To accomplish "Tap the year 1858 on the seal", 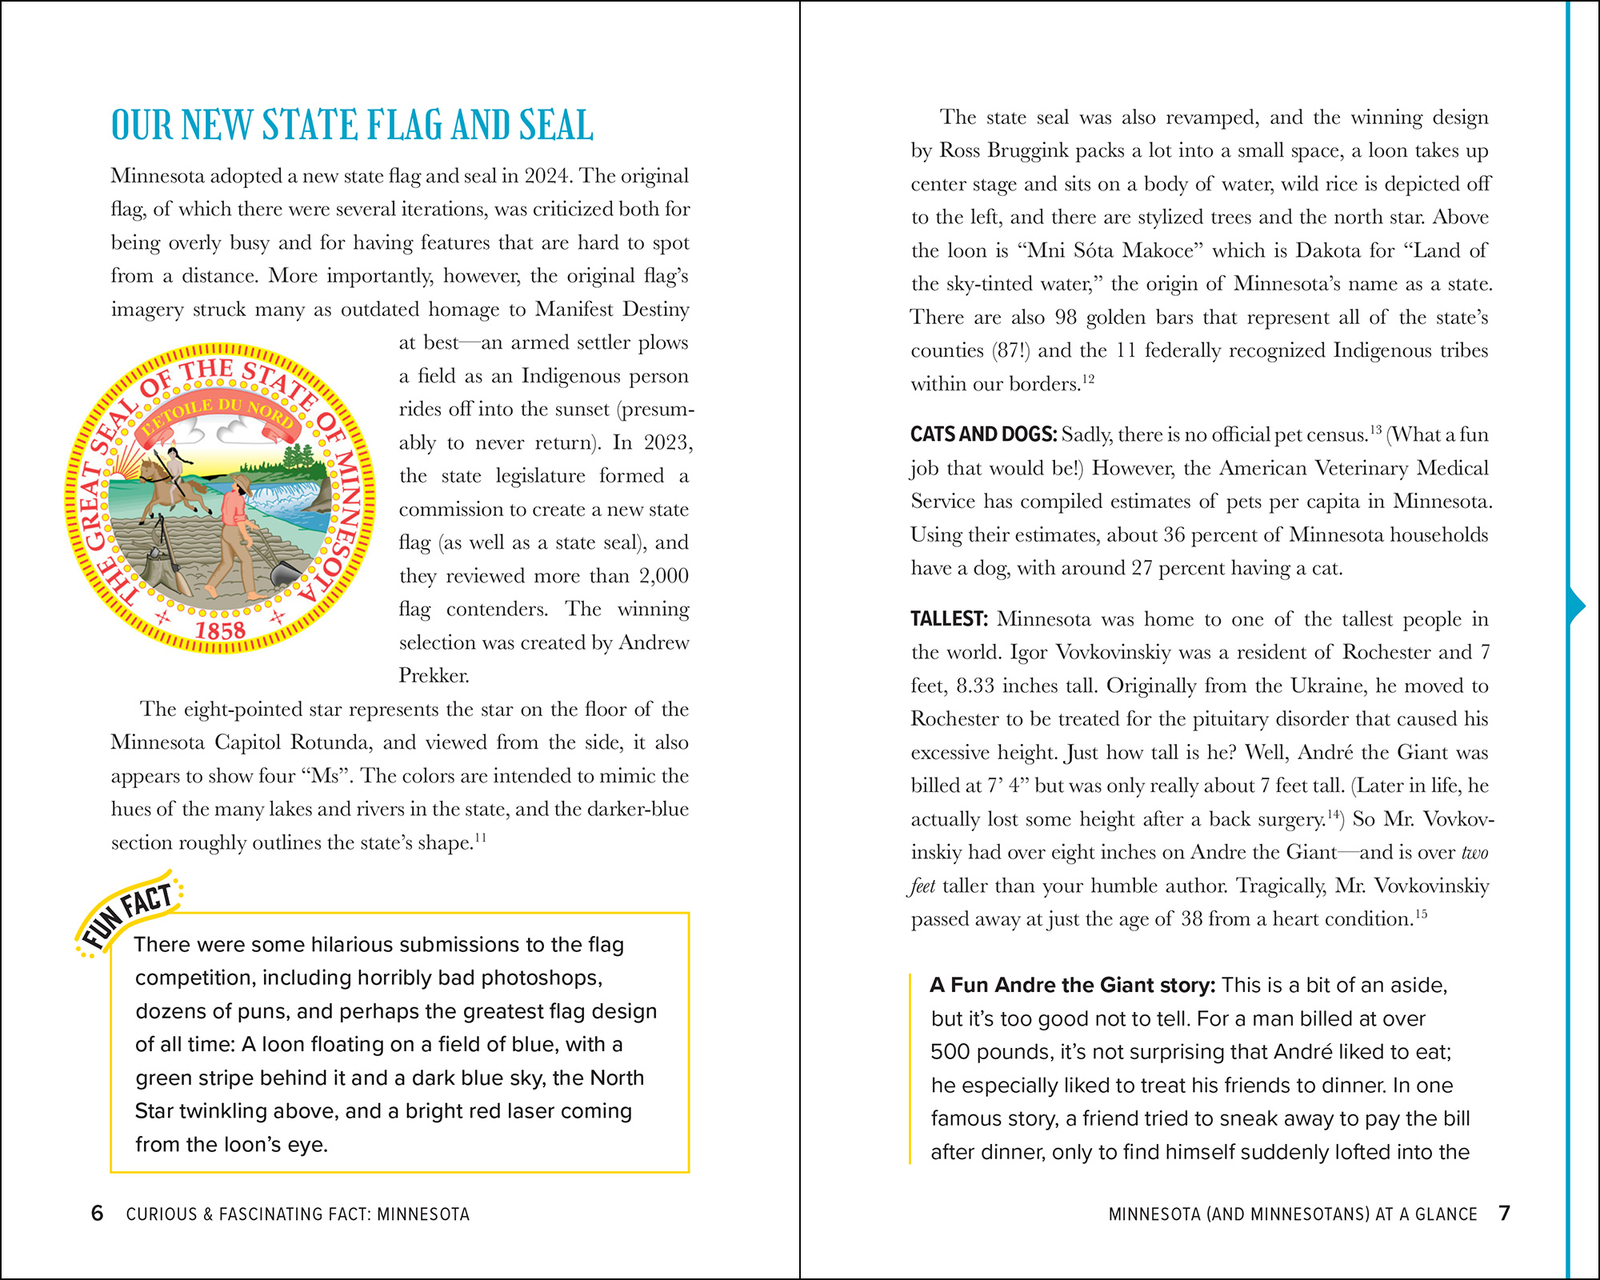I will click(220, 631).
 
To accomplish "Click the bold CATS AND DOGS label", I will click(983, 434).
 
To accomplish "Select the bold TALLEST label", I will click(949, 619).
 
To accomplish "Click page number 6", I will click(98, 1214).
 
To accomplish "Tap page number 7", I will click(1504, 1214).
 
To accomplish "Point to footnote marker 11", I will click(480, 838).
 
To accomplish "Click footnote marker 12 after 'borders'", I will click(1088, 379).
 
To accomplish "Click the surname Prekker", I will click(434, 676).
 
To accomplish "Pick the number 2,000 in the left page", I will click(663, 576).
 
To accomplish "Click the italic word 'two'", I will click(1474, 853).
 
